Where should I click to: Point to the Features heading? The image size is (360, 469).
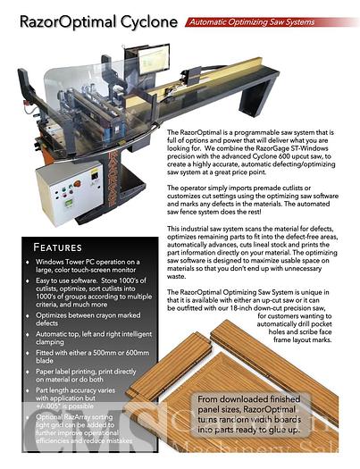tap(69, 247)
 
